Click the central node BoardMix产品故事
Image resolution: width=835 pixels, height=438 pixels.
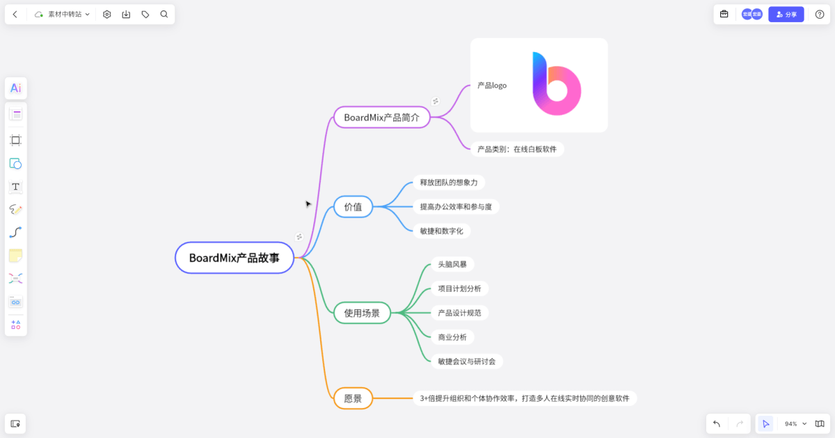[234, 258]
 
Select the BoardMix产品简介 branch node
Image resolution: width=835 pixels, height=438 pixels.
[381, 117]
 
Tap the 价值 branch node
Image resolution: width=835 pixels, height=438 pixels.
[353, 206]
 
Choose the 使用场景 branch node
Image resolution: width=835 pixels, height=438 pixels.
[362, 313]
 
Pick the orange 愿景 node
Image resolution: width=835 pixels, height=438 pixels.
[353, 398]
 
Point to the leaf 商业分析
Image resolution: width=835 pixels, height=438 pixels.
[452, 337]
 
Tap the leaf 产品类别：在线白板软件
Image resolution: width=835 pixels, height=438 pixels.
[516, 149]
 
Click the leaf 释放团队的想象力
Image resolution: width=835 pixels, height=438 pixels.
[448, 182]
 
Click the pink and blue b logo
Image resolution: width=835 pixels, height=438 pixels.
[556, 83]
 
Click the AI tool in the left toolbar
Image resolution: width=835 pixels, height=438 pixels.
[15, 88]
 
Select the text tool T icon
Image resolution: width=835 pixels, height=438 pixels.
[15, 186]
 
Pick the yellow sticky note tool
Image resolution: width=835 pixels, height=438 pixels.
[15, 256]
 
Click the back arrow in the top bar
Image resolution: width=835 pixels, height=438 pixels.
[15, 14]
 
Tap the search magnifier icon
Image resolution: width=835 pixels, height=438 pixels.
[164, 14]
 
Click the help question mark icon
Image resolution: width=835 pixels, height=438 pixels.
[819, 14]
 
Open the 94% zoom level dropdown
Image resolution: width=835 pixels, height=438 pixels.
[795, 423]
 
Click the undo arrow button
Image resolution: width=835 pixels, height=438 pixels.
[717, 423]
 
